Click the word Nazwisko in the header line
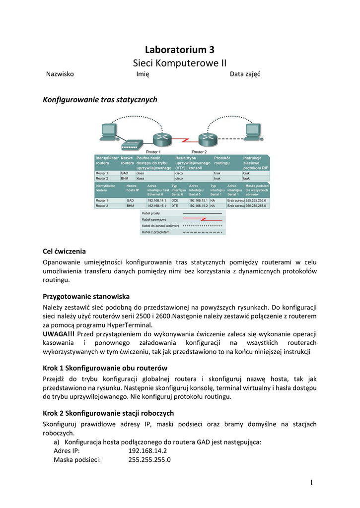60,74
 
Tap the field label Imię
143,74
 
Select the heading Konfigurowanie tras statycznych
101,100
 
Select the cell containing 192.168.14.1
157,200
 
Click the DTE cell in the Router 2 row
175,205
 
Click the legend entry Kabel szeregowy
154,219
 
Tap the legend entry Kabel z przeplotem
156,232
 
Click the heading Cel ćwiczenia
65,251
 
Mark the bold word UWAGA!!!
59,334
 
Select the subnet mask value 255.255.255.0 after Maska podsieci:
149,459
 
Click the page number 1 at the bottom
312,483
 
